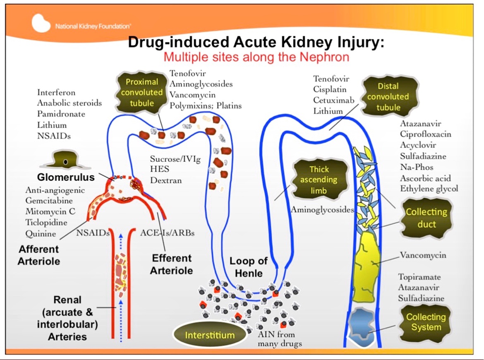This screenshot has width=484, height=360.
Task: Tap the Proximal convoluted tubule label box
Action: coord(142,92)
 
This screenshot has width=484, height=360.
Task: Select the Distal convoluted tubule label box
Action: coord(388,97)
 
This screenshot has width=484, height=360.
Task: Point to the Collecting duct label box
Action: coord(426,218)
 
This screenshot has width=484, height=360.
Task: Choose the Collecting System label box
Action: coord(426,322)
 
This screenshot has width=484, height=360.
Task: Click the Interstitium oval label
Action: coord(209,335)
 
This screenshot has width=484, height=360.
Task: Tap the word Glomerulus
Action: coord(66,178)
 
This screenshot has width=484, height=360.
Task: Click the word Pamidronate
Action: coord(61,114)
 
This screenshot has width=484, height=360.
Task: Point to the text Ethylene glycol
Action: coord(429,189)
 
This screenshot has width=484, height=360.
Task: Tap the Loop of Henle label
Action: coord(249,267)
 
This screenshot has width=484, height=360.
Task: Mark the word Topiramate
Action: coord(419,277)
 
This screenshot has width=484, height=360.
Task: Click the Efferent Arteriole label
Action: coord(171,264)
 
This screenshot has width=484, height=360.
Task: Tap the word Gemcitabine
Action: coord(49,201)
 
